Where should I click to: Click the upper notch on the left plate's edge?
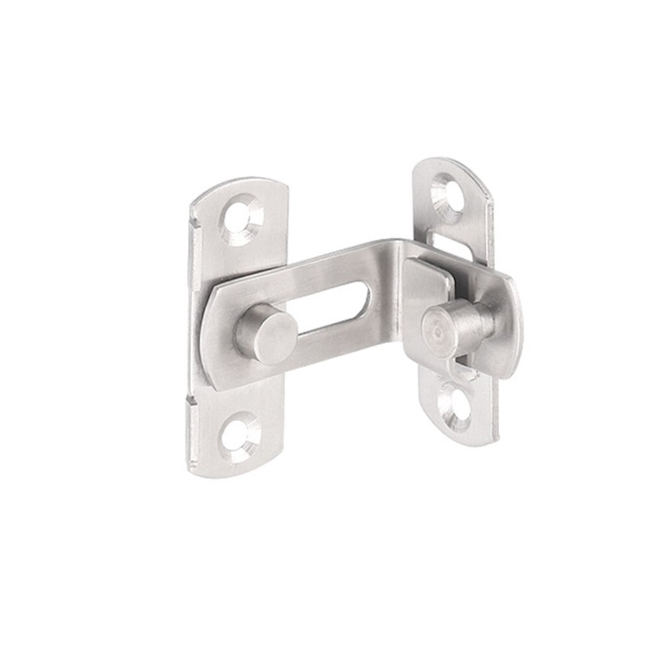click(x=193, y=224)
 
